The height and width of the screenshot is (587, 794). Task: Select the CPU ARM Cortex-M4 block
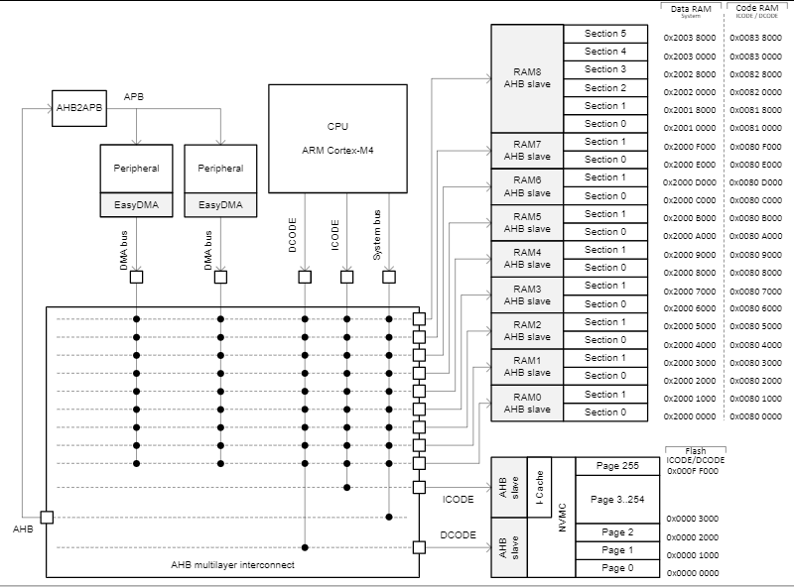tap(337, 138)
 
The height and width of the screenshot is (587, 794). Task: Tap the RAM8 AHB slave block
tap(527, 78)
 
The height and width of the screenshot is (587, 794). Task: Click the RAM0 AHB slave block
tap(527, 403)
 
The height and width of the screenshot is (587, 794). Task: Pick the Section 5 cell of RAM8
tap(605, 34)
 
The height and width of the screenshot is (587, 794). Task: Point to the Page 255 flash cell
tap(617, 465)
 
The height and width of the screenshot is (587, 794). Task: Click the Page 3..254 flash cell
tap(617, 499)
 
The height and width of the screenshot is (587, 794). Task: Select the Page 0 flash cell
tap(617, 568)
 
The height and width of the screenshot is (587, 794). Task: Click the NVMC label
tap(563, 517)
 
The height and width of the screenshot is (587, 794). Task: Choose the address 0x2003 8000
tap(690, 38)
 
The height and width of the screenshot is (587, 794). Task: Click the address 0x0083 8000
tap(756, 38)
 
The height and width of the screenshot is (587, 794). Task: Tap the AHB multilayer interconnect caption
tap(231, 564)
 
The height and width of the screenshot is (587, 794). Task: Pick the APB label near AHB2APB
tap(133, 96)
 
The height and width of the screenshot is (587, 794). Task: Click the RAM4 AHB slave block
tap(527, 258)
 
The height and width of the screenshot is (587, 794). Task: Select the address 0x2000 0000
tap(690, 416)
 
